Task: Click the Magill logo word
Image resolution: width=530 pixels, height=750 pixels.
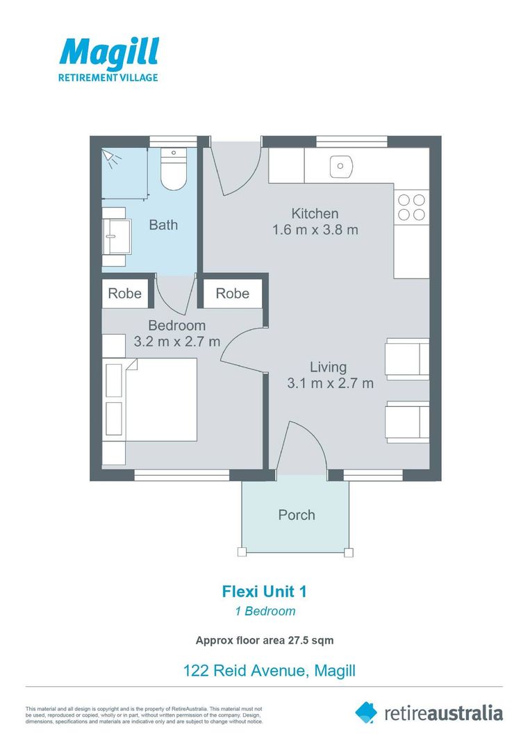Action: click(109, 53)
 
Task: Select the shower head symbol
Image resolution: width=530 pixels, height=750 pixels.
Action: click(110, 158)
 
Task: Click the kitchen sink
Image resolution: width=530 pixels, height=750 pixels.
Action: click(340, 166)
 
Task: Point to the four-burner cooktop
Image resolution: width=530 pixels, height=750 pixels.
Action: click(411, 207)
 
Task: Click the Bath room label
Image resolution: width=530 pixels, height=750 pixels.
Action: click(164, 225)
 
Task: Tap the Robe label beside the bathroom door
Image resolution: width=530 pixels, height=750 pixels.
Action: click(125, 293)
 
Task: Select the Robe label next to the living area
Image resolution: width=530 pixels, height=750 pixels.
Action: click(233, 293)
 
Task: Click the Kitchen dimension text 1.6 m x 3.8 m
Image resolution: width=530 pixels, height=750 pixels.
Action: click(315, 230)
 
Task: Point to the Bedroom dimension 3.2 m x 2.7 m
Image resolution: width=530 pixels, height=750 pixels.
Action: click(177, 342)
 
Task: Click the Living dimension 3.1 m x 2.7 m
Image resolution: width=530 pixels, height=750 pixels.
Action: click(330, 383)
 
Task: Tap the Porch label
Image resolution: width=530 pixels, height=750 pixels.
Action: click(297, 515)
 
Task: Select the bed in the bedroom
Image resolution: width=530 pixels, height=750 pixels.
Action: click(150, 399)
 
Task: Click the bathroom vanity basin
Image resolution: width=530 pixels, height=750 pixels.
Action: click(116, 236)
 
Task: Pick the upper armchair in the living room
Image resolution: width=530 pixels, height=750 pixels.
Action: click(407, 359)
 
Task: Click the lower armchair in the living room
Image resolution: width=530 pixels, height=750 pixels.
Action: click(407, 422)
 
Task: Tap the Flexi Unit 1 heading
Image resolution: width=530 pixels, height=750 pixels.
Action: click(264, 592)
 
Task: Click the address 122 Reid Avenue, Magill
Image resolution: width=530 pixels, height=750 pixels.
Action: click(270, 671)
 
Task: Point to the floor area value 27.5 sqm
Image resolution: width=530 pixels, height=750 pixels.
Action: click(310, 640)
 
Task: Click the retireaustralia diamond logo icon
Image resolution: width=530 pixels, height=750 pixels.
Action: click(366, 712)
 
